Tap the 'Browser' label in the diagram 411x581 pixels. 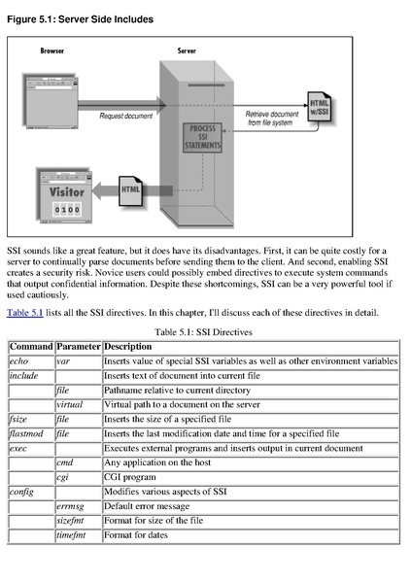tap(52, 51)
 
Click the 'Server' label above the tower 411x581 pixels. tap(187, 51)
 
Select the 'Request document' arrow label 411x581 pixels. tap(124, 116)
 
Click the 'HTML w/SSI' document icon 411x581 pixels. tap(320, 107)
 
